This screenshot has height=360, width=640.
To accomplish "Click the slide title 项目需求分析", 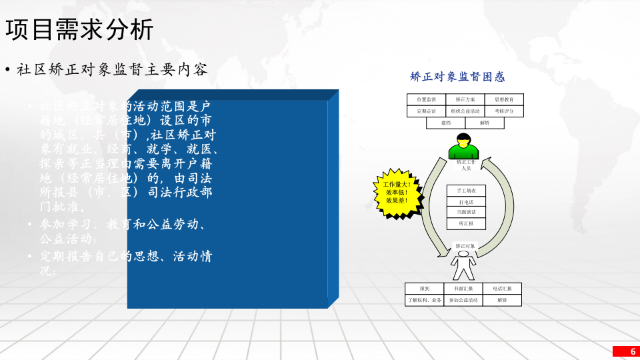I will tap(79, 29).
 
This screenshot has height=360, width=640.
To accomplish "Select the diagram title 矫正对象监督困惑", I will tap(457, 77).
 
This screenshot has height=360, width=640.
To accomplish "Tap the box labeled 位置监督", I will tap(427, 99).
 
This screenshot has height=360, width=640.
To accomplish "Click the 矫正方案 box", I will tap(465, 99).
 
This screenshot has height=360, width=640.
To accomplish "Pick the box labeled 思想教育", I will tap(504, 99).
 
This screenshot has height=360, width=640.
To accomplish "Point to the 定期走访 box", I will tap(427, 111).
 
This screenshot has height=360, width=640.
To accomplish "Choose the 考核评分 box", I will tap(504, 111).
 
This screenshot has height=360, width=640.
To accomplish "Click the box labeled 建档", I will tap(446, 123).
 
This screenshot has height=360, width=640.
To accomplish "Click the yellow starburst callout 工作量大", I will tap(397, 192).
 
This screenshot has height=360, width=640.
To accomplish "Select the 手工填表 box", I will tap(466, 191).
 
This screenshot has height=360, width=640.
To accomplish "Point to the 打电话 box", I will tap(466, 202).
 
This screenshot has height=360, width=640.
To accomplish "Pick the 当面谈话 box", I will tap(466, 213).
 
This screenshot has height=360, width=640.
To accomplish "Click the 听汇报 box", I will tap(466, 224).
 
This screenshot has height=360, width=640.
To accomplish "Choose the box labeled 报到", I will tap(425, 289).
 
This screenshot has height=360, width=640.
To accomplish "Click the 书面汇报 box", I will tap(463, 289).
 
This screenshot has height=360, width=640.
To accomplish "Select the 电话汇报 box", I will tap(502, 289).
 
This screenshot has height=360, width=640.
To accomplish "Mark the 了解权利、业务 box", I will tap(425, 301).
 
